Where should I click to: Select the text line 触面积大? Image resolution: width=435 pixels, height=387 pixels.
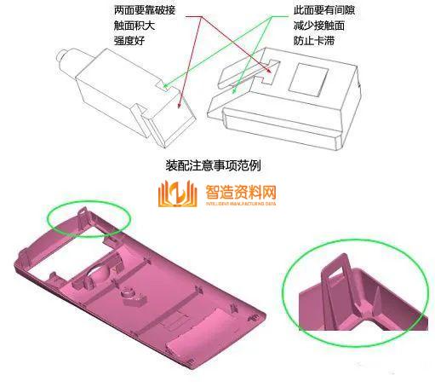click(x=134, y=25)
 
